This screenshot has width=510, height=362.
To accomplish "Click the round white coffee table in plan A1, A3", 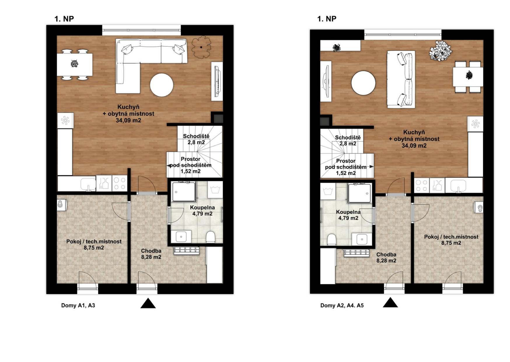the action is pyautogui.click(x=162, y=85).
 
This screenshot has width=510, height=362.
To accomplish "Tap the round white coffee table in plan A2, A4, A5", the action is pyautogui.click(x=363, y=83).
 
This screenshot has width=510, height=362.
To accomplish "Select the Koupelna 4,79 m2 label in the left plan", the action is pyautogui.click(x=202, y=210).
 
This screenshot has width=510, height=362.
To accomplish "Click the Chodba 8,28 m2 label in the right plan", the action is pyautogui.click(x=386, y=257).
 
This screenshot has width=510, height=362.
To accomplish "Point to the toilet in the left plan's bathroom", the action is pyautogui.click(x=210, y=237).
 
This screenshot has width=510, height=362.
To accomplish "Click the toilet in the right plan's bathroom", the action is pyautogui.click(x=331, y=239).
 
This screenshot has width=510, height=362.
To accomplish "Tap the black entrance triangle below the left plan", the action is pyautogui.click(x=148, y=303).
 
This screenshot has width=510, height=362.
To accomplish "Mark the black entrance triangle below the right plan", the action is pyautogui.click(x=390, y=302).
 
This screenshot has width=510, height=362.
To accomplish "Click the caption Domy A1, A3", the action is pyautogui.click(x=78, y=305).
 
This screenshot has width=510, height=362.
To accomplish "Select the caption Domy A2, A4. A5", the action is pyautogui.click(x=342, y=305).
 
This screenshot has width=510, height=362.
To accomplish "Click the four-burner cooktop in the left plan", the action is pyautogui.click(x=120, y=183).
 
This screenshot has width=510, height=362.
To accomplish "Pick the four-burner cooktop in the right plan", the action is pyautogui.click(x=421, y=185).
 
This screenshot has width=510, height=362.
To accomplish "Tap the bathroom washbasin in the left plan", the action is pyautogui.click(x=181, y=236).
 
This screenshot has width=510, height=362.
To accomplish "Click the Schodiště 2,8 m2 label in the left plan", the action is pyautogui.click(x=196, y=139).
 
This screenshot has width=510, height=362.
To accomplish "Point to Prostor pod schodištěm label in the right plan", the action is pyautogui.click(x=346, y=164).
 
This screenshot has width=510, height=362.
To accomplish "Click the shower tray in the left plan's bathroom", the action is pyautogui.click(x=184, y=192).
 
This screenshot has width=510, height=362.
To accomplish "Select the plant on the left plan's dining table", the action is pyautogui.click(x=74, y=64).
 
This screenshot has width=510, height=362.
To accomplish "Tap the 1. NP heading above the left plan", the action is pyautogui.click(x=64, y=19).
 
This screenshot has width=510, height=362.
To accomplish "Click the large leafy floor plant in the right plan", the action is pyautogui.click(x=441, y=51).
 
